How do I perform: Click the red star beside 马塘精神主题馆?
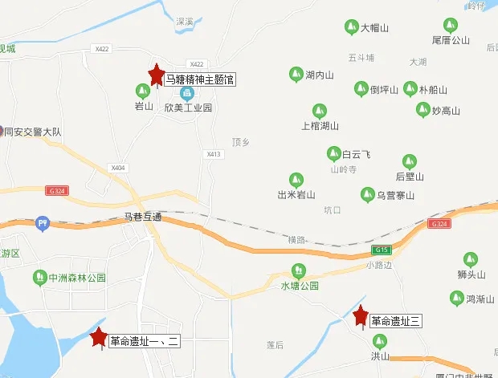[156, 75]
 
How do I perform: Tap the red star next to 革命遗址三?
[361, 316]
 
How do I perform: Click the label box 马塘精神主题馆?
[199, 79]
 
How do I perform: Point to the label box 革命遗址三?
[396, 321]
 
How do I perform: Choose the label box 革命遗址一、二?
[145, 341]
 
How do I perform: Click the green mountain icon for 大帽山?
[350, 27]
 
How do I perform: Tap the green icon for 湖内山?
[295, 75]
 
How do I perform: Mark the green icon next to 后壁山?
[410, 161]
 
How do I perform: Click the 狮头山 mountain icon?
[471, 260]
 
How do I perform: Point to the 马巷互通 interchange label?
[143, 217]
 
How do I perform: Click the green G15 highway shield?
[381, 250]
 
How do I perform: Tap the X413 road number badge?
[213, 154]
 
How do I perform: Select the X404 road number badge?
[119, 168]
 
